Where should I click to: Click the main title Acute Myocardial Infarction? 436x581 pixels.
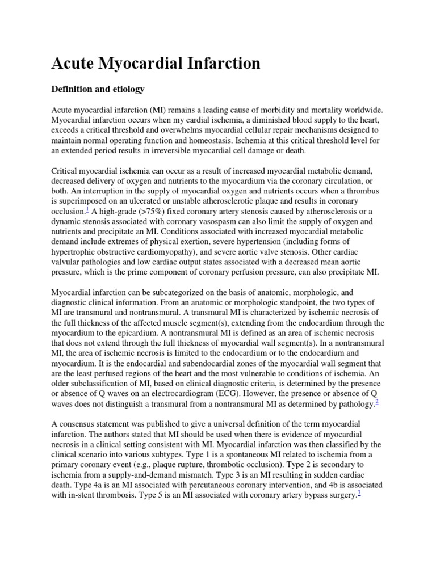(156, 63)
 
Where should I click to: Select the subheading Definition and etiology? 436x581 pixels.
(98, 89)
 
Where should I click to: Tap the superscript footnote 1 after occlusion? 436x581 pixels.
(87, 209)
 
